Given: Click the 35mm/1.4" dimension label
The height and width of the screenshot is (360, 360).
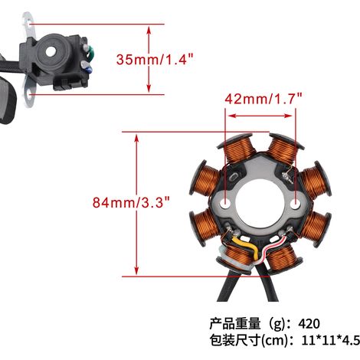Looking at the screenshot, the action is [x=155, y=59].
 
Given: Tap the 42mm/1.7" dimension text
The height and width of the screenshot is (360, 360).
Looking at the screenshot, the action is [x=263, y=99].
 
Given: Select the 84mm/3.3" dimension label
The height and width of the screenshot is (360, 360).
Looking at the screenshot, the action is [x=131, y=202].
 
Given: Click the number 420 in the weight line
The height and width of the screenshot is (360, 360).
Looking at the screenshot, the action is [x=309, y=323].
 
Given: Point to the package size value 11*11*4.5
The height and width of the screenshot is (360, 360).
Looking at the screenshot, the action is [x=331, y=340].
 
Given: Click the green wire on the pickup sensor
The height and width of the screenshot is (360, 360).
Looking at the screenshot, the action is [x=90, y=53].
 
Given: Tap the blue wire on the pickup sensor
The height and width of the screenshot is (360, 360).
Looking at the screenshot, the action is [x=88, y=69].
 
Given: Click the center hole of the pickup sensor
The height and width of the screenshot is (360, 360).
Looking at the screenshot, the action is [x=51, y=52].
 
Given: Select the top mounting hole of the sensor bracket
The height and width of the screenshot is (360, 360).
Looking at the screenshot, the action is [x=31, y=25].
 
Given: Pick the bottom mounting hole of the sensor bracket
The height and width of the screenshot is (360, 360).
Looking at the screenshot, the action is [x=31, y=93].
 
